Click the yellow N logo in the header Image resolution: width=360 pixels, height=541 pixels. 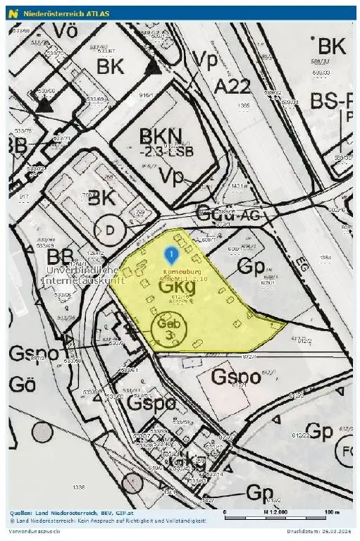coord(12,13)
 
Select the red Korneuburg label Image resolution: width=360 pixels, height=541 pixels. coord(182,272)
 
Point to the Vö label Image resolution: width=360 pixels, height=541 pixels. coord(63,32)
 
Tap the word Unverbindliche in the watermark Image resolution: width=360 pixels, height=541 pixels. coord(81,270)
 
